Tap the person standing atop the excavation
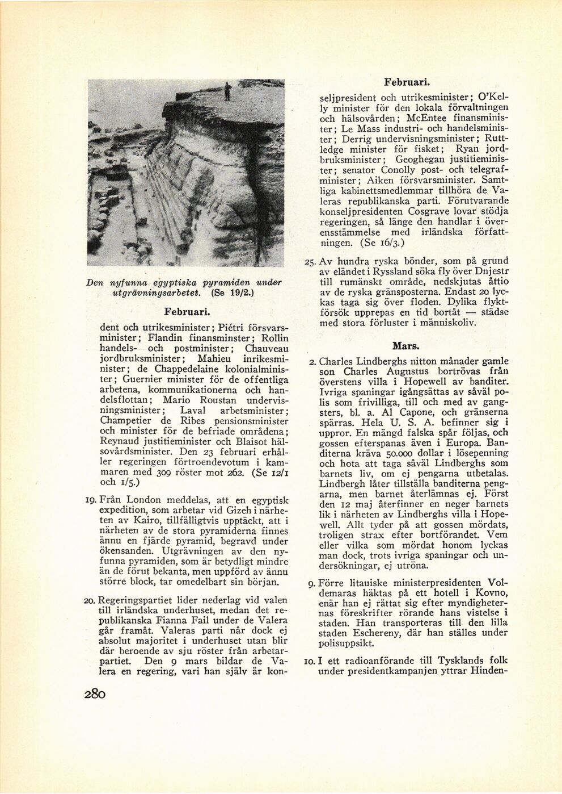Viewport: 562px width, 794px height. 227,91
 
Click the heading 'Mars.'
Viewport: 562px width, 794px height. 405,345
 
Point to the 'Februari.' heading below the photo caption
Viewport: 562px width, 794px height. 188,312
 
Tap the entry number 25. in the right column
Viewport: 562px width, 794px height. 310,262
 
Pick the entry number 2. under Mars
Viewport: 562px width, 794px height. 312,362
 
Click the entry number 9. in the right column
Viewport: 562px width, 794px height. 312,583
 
